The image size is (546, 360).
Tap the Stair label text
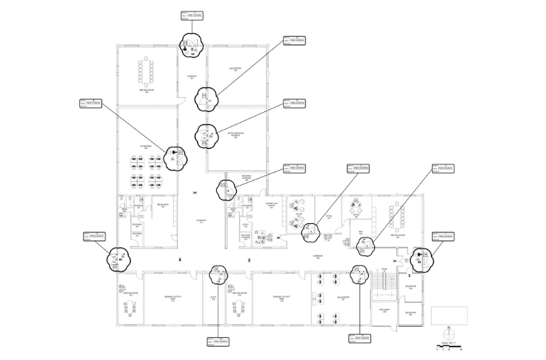tap(384, 269)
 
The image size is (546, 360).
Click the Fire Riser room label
tap(384, 310)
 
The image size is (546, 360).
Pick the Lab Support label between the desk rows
tap(341, 298)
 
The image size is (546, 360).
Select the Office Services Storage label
tap(236, 135)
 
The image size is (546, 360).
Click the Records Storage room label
tap(246, 179)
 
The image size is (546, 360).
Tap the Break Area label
tap(162, 206)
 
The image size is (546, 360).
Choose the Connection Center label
tap(271, 204)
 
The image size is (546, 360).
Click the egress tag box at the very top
tap(192, 15)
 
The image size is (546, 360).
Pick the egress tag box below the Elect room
tap(218, 342)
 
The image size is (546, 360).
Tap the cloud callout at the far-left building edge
tap(118, 258)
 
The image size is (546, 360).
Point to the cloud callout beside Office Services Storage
tap(207, 135)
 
